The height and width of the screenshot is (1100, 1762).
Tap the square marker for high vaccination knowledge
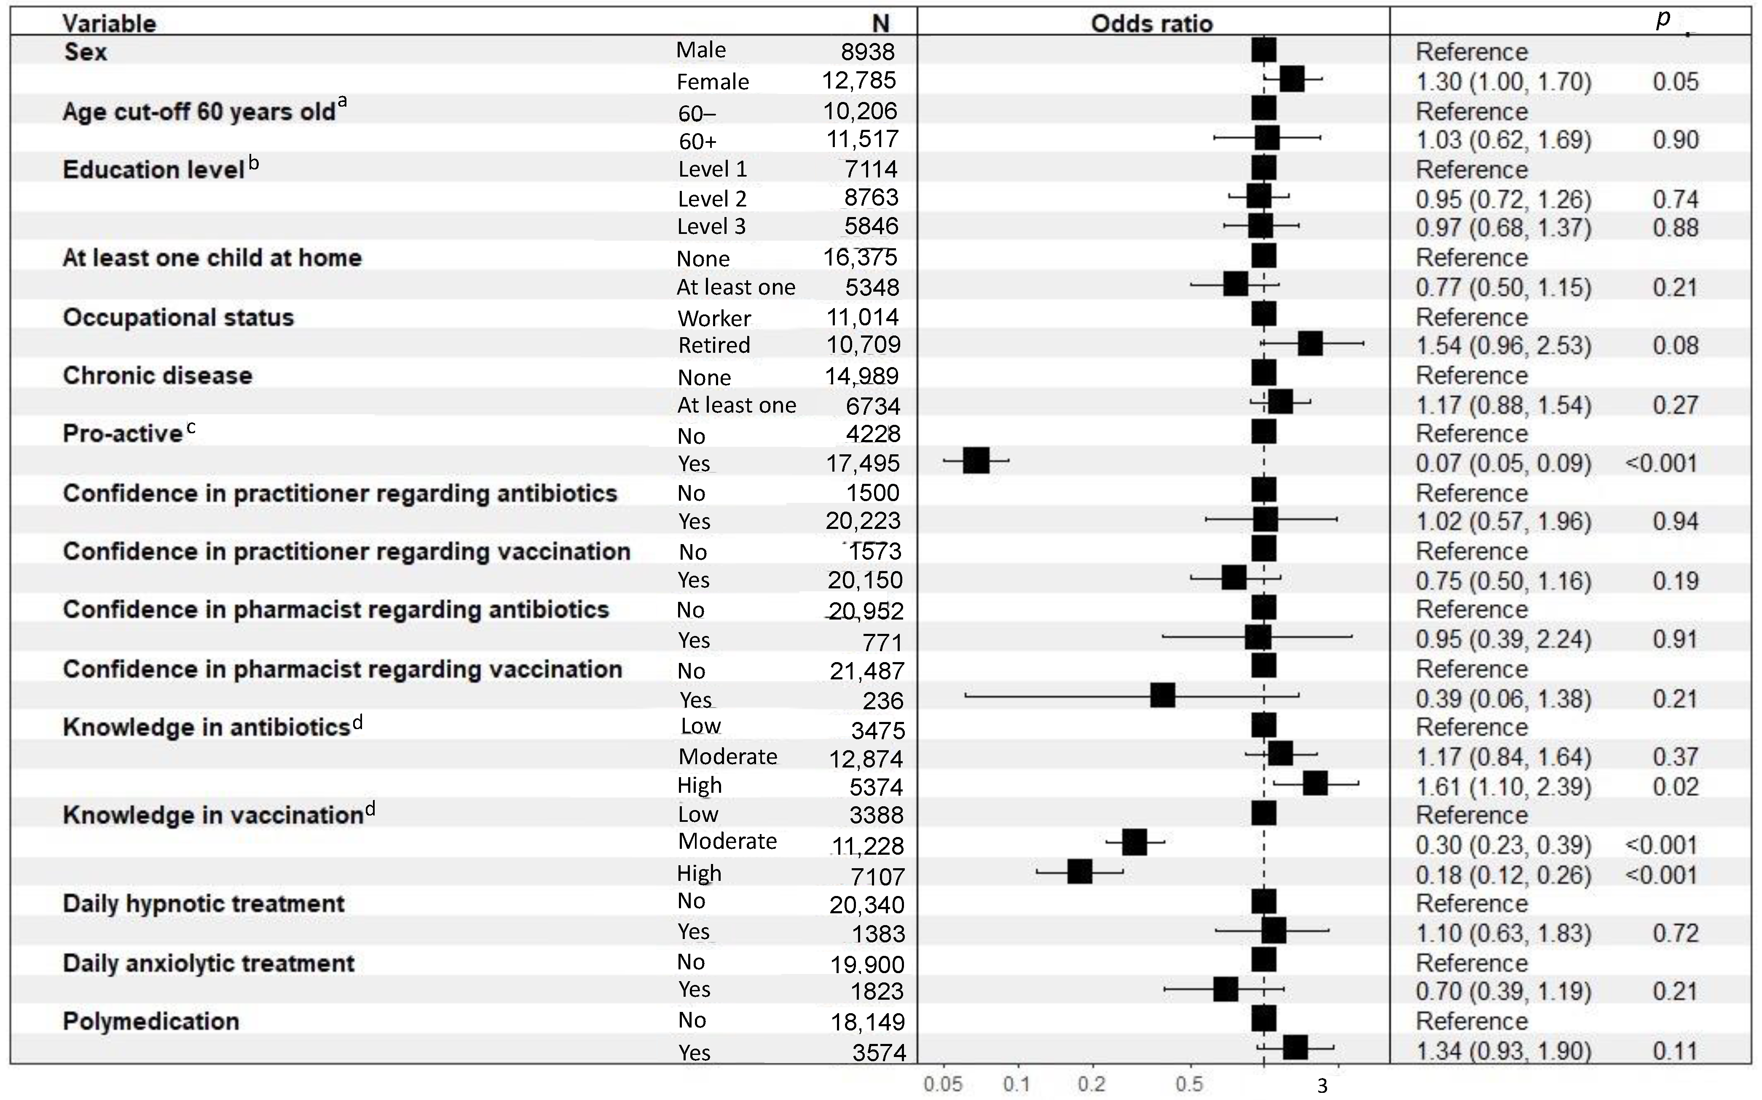click(x=1080, y=872)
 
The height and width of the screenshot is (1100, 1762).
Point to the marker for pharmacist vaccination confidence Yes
click(x=1163, y=695)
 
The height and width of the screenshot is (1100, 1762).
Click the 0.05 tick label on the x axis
click(x=943, y=1085)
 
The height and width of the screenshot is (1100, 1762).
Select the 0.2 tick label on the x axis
click(x=1092, y=1085)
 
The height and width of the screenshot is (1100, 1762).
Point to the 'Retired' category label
click(x=713, y=345)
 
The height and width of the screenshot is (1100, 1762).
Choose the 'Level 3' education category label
click(x=711, y=226)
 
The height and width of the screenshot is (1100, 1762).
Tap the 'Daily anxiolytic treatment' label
click(x=209, y=963)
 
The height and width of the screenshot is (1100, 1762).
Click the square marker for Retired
click(x=1310, y=343)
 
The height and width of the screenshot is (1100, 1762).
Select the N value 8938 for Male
click(x=867, y=51)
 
